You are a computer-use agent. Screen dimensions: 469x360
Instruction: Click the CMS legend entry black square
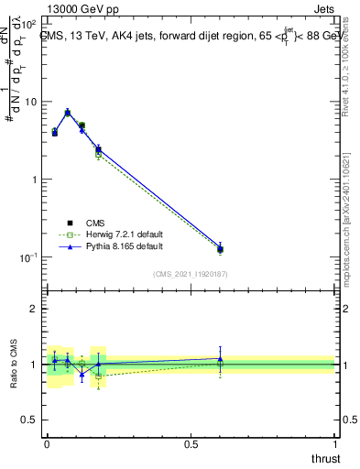pos(70,223)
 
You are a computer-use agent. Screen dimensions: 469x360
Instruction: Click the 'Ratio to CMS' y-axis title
pos(12,365)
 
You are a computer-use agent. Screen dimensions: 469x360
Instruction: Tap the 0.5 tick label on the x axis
pos(191,443)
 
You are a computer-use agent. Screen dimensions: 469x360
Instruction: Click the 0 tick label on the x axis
pos(47,443)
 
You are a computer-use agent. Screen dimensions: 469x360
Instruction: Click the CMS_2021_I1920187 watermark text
pos(191,273)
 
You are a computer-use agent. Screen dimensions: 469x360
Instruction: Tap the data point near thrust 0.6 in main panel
pos(220,248)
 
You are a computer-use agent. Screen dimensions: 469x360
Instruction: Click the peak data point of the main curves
pos(68,113)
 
